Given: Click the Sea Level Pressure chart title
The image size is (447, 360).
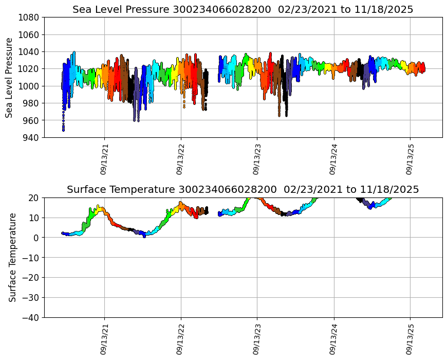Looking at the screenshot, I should click(243, 9).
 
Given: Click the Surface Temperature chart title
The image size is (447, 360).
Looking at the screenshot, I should click(243, 189).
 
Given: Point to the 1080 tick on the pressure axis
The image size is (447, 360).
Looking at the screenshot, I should click(30, 17).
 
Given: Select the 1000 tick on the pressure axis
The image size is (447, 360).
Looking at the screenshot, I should click(30, 86).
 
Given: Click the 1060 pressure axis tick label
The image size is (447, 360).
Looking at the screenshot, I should click(30, 34).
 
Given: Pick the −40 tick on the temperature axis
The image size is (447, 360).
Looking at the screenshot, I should click(32, 317).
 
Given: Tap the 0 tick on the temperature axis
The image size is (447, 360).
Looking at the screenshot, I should click(37, 238).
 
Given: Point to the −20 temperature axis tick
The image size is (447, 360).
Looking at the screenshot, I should click(32, 277).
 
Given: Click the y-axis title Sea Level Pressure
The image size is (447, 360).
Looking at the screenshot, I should click(10, 77).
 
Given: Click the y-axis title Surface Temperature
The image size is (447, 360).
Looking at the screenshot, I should click(12, 257).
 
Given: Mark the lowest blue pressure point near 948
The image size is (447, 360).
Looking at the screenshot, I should click(63, 130).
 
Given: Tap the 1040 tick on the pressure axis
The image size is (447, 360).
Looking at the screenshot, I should click(30, 51).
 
